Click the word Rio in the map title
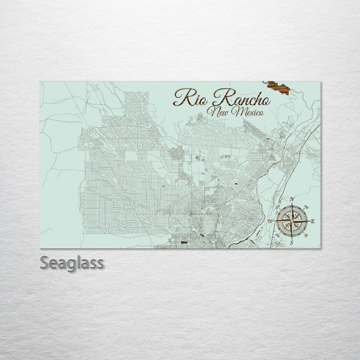[x=190, y=98]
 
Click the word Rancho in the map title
[x=240, y=98]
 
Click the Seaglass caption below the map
[x=72, y=263]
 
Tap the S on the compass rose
[x=292, y=242]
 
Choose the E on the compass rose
[x=313, y=221]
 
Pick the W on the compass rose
[x=270, y=221]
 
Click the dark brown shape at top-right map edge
[x=278, y=88]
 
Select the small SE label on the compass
[x=305, y=233]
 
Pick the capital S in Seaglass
[x=45, y=263]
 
